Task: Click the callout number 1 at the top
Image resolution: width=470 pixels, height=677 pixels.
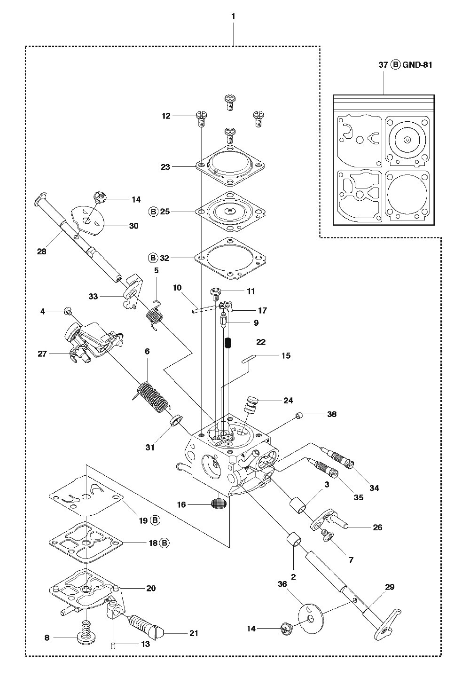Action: pos(233,16)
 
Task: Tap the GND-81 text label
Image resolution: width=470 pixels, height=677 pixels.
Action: pos(417,65)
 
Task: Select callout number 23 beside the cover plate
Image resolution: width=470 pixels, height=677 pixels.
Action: pos(165,167)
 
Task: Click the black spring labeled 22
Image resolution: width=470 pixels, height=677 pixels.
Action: pos(228,342)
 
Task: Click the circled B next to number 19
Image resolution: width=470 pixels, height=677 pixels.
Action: pos(155,520)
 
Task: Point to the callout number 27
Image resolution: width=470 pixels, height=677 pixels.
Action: pos(42,354)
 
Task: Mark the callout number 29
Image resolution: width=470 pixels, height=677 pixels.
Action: pos(390,587)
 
